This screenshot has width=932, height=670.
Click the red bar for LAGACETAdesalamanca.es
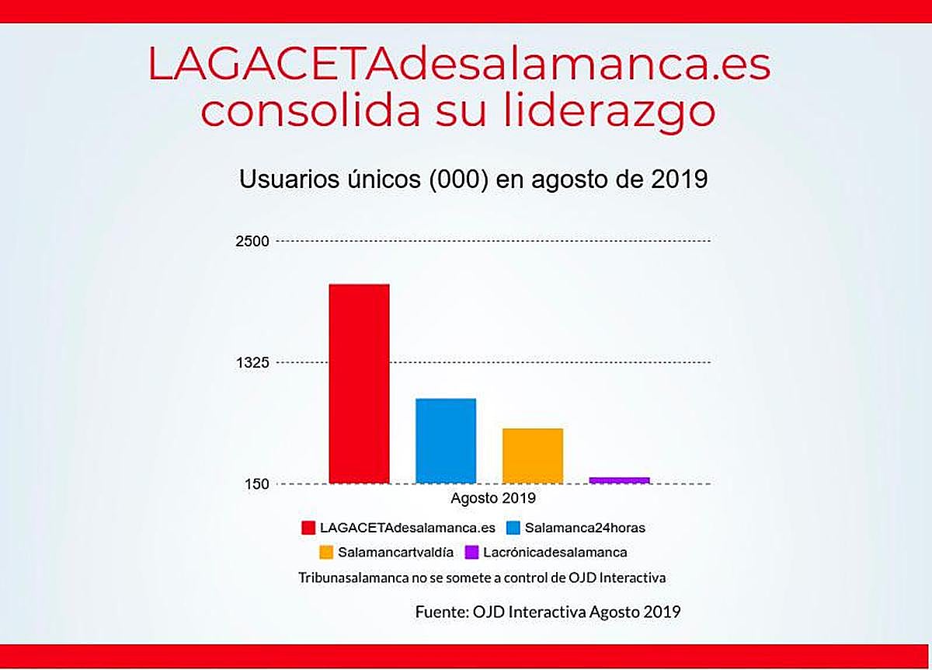(x=359, y=384)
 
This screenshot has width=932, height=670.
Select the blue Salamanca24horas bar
(x=446, y=441)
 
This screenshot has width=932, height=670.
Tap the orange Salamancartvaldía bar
(x=533, y=455)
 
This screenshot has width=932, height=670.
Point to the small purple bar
(x=619, y=480)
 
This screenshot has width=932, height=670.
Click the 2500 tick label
(x=252, y=241)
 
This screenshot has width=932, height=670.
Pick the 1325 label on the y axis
(x=252, y=363)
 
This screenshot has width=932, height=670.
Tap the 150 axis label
(x=256, y=484)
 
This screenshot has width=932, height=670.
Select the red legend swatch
(x=309, y=528)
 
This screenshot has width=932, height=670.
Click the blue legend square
(x=513, y=528)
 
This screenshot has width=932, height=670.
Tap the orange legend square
(x=326, y=553)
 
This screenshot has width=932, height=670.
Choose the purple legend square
(x=471, y=553)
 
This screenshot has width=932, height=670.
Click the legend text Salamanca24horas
(x=585, y=528)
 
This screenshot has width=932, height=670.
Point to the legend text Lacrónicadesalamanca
(x=555, y=553)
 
